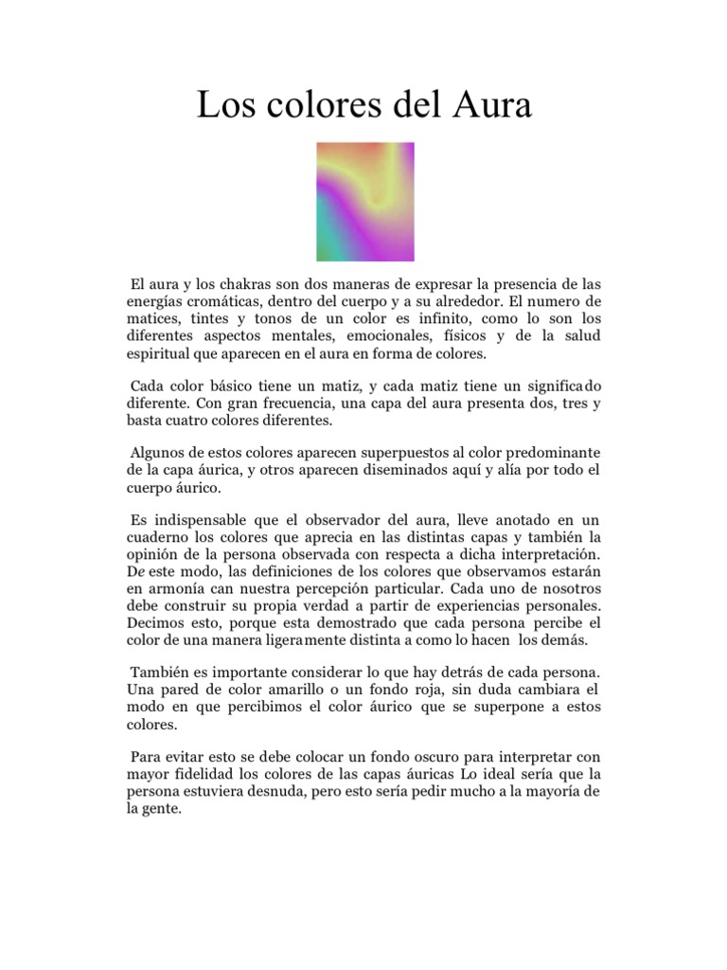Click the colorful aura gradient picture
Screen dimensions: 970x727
tap(364, 201)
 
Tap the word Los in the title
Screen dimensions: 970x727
tap(222, 105)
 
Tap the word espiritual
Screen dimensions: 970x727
tap(161, 353)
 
